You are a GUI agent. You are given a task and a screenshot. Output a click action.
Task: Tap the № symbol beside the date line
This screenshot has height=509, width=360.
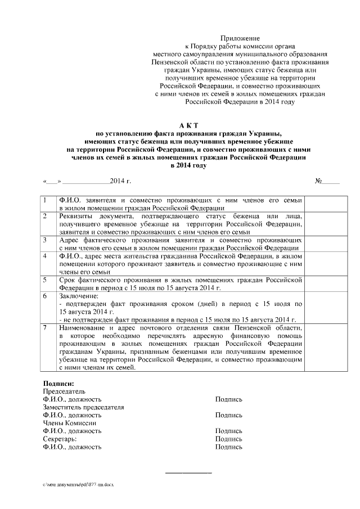[318, 182]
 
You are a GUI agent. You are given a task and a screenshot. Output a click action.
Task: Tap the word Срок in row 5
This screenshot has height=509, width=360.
[67, 280]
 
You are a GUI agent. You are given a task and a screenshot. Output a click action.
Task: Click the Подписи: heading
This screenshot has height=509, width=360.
[59, 383]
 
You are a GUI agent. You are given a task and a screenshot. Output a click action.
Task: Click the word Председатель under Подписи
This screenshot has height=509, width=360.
[64, 391]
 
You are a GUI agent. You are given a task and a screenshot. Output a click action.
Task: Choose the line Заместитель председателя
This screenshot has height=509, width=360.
[83, 407]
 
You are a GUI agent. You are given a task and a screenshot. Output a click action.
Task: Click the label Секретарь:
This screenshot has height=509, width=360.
[60, 439]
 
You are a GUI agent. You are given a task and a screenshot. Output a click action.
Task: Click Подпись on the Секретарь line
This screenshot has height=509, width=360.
[228, 439]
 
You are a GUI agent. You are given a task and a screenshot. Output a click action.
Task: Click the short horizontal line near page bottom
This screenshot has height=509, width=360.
[188, 472]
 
